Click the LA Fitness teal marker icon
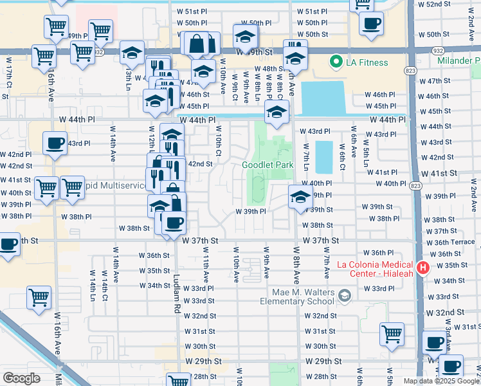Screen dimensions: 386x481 click(x=335, y=62)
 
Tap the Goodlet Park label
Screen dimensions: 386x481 click(x=268, y=165)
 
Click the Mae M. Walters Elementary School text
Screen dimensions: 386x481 click(x=299, y=296)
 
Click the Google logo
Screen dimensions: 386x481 click(x=21, y=378)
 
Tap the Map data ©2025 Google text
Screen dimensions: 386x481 click(x=440, y=381)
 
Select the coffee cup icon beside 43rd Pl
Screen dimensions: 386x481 click(x=55, y=143)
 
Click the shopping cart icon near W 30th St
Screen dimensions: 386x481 click(x=392, y=334)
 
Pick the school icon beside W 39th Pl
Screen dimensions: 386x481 click(x=300, y=198)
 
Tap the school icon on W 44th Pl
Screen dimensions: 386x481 click(x=277, y=113)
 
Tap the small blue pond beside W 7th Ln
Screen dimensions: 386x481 click(x=324, y=157)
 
